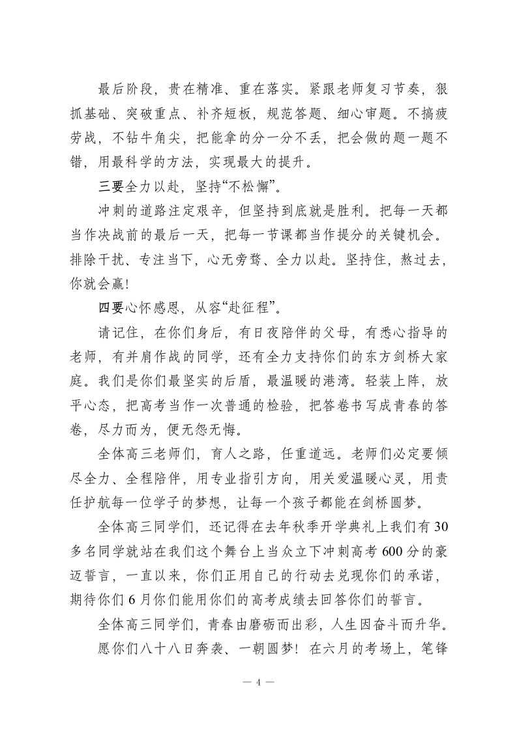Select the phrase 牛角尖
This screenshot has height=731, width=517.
tap(168, 139)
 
